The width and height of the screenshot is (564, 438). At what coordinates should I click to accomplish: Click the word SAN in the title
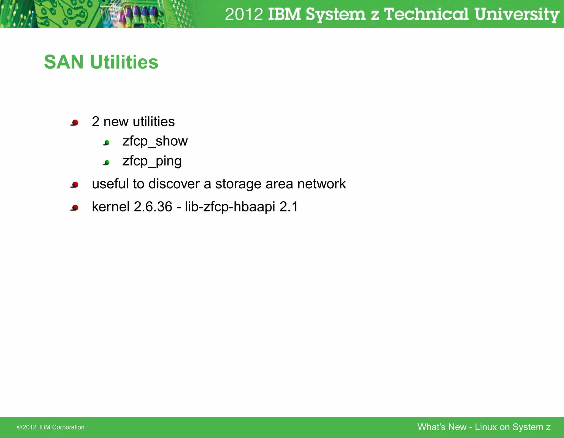tap(64, 62)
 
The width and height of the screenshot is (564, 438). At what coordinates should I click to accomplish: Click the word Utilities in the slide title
tap(124, 62)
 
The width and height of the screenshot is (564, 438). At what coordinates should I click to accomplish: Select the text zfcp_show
tap(155, 141)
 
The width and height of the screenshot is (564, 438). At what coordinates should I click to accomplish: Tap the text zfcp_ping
tap(152, 161)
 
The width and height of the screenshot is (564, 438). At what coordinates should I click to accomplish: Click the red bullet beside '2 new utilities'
tap(75, 123)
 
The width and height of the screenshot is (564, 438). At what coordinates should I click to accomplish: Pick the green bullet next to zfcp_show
tap(107, 143)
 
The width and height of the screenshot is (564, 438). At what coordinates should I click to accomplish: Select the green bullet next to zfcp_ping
tap(107, 162)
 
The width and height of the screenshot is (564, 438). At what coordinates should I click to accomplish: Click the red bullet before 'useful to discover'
tap(75, 184)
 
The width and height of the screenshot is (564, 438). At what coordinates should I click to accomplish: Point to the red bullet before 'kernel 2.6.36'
tap(75, 208)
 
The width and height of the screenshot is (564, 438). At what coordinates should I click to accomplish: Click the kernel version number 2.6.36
tap(153, 207)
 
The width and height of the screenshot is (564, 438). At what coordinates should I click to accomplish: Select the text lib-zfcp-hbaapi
tap(230, 207)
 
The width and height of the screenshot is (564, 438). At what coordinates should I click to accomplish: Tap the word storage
tap(238, 184)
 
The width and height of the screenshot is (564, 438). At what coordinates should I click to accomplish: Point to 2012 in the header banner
tap(244, 14)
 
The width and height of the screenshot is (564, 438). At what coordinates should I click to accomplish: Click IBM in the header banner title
tap(284, 14)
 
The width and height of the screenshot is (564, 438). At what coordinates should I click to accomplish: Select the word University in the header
tap(516, 14)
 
